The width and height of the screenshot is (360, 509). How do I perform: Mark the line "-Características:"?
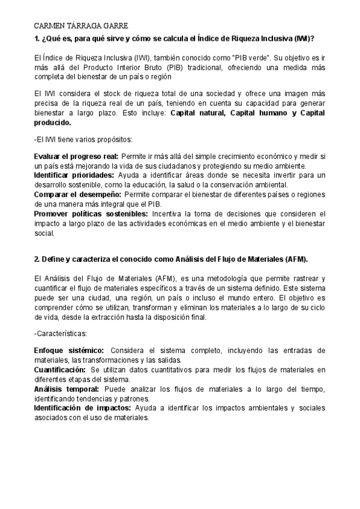pos(61,333)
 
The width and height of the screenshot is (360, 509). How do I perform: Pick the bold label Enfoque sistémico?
pos(69,351)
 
